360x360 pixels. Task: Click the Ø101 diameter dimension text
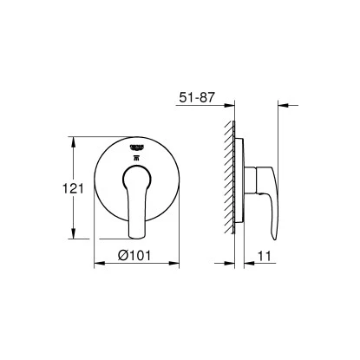137,257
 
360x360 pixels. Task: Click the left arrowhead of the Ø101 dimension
98,266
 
